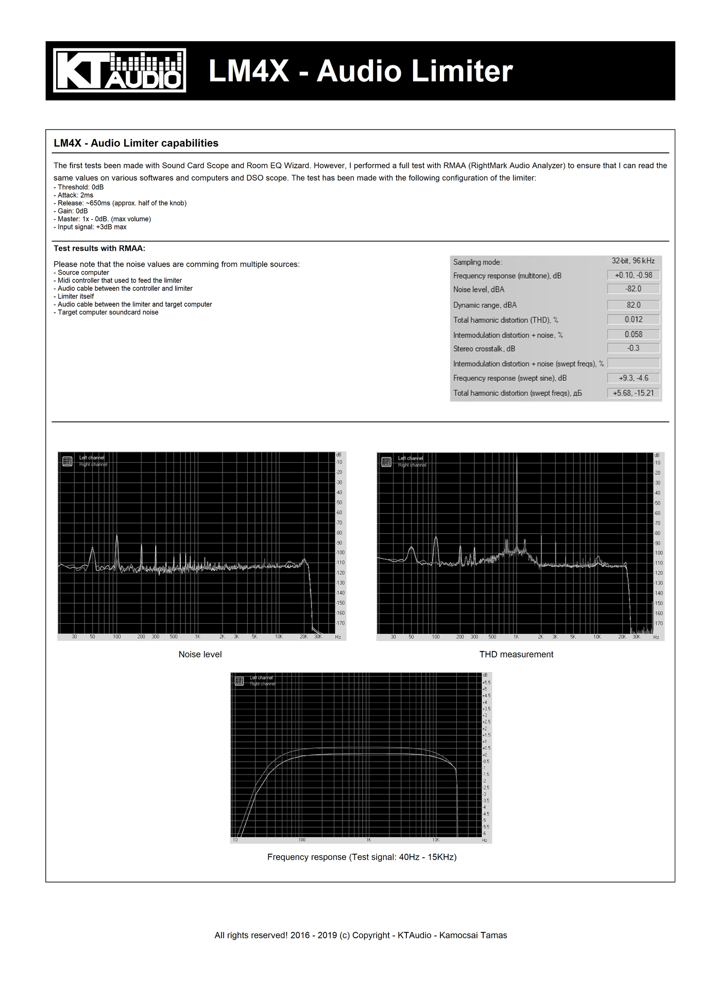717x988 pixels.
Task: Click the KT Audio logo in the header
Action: click(119, 70)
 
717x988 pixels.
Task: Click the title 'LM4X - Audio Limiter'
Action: click(361, 71)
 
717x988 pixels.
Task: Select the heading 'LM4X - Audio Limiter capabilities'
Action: click(136, 143)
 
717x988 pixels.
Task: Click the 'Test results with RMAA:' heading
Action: click(99, 249)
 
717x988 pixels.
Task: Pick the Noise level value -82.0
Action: click(634, 289)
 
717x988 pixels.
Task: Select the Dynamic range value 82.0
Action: click(634, 305)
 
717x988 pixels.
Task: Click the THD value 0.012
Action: click(634, 320)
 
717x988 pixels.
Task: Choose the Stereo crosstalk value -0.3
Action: click(634, 348)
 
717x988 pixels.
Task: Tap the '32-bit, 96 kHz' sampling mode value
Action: click(633, 261)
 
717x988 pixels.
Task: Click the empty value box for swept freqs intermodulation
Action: click(634, 363)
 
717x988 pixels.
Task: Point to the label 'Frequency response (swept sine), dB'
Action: click(510, 378)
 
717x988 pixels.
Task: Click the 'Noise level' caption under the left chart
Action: click(200, 655)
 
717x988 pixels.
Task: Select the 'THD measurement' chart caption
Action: click(516, 655)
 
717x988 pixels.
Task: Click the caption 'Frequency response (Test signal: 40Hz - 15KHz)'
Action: click(362, 857)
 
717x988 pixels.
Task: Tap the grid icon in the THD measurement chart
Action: click(386, 462)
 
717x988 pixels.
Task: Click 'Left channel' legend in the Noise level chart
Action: click(92, 457)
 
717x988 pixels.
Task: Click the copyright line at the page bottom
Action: click(361, 935)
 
